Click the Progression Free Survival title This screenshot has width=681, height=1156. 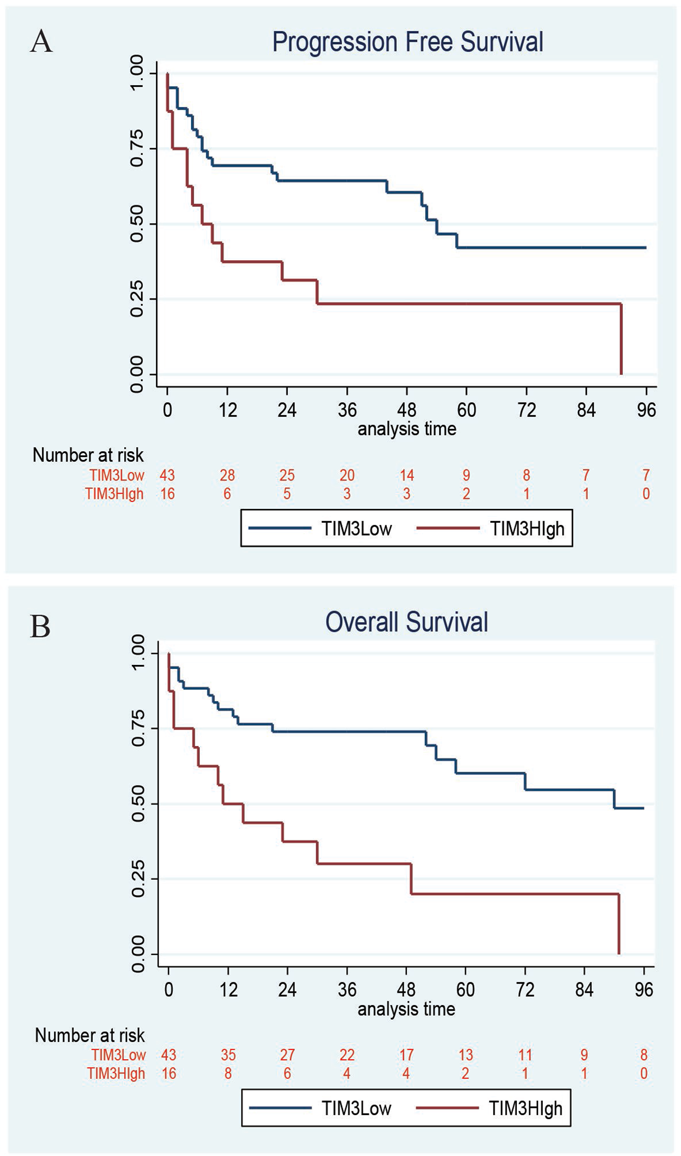click(x=408, y=42)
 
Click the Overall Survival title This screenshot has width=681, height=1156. click(x=406, y=622)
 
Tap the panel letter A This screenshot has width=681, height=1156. click(x=41, y=41)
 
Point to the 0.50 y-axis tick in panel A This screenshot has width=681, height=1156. click(x=137, y=224)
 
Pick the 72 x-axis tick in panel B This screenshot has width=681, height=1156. click(x=525, y=990)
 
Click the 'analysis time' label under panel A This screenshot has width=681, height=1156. click(x=407, y=429)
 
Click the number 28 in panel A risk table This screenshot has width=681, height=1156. click(x=227, y=475)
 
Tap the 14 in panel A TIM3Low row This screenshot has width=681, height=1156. click(x=407, y=475)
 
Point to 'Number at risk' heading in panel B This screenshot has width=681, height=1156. click(x=90, y=1035)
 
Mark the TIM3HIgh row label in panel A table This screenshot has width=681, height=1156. click(x=114, y=494)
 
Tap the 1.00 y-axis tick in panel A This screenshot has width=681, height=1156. click(x=137, y=74)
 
